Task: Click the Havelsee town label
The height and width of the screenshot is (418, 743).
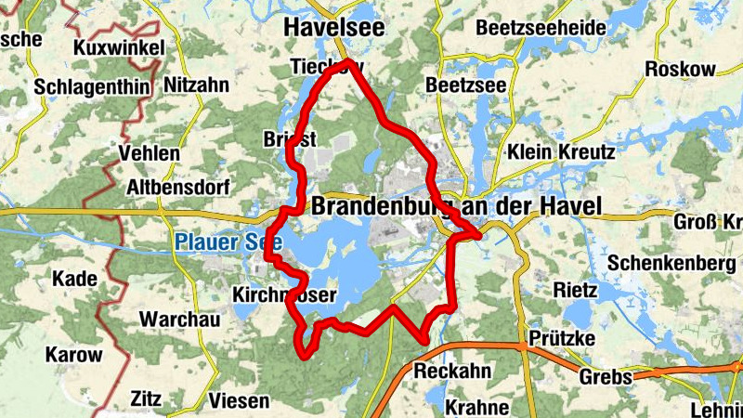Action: (x=333, y=30)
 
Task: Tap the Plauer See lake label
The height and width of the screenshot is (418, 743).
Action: (x=212, y=243)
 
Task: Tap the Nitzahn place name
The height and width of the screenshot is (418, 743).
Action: (x=196, y=85)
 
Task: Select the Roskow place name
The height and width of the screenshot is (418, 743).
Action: (x=681, y=69)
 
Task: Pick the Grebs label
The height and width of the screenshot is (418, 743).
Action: (x=606, y=378)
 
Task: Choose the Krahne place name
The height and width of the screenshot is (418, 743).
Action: (x=476, y=407)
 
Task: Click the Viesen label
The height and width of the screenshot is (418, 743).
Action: (x=239, y=401)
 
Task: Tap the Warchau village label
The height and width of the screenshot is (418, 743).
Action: (x=179, y=320)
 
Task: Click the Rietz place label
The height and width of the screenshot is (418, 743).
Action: (x=575, y=289)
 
